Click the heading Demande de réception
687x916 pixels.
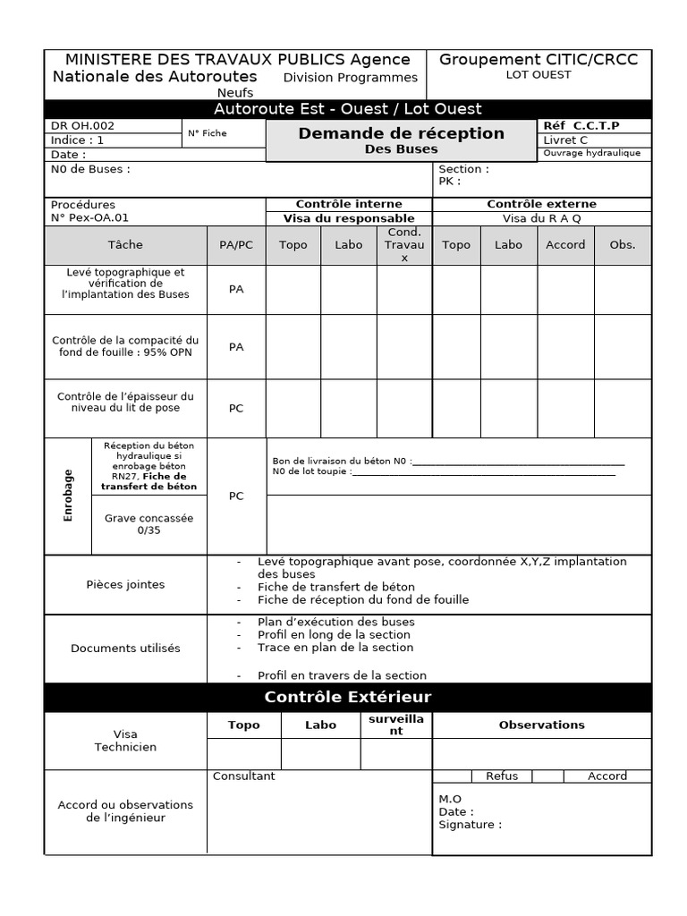pyautogui.click(x=401, y=133)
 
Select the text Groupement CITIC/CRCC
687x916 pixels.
pyautogui.click(x=539, y=60)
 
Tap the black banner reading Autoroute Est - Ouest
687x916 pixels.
pyautogui.click(x=348, y=109)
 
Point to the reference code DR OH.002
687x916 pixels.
pyautogui.click(x=83, y=126)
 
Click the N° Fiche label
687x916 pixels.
pyautogui.click(x=207, y=133)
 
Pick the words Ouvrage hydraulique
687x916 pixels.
pyautogui.click(x=591, y=153)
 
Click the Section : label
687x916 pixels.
pyautogui.click(x=463, y=169)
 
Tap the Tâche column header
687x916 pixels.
pyautogui.click(x=125, y=245)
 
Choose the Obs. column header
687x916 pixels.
pyautogui.click(x=622, y=245)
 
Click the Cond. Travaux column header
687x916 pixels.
pyautogui.click(x=403, y=245)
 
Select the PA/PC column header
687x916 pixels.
pyautogui.click(x=236, y=245)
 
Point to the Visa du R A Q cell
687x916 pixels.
pyautogui.click(x=541, y=218)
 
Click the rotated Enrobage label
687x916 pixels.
pyautogui.click(x=69, y=496)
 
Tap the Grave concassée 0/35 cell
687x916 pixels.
pyautogui.click(x=148, y=524)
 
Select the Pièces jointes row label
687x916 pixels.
pyautogui.click(x=125, y=585)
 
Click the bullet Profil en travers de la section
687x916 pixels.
pyautogui.click(x=342, y=675)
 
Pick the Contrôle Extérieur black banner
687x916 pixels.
pyautogui.click(x=348, y=697)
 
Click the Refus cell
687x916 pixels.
pyautogui.click(x=501, y=776)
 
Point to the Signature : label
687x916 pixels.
pyautogui.click(x=470, y=825)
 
